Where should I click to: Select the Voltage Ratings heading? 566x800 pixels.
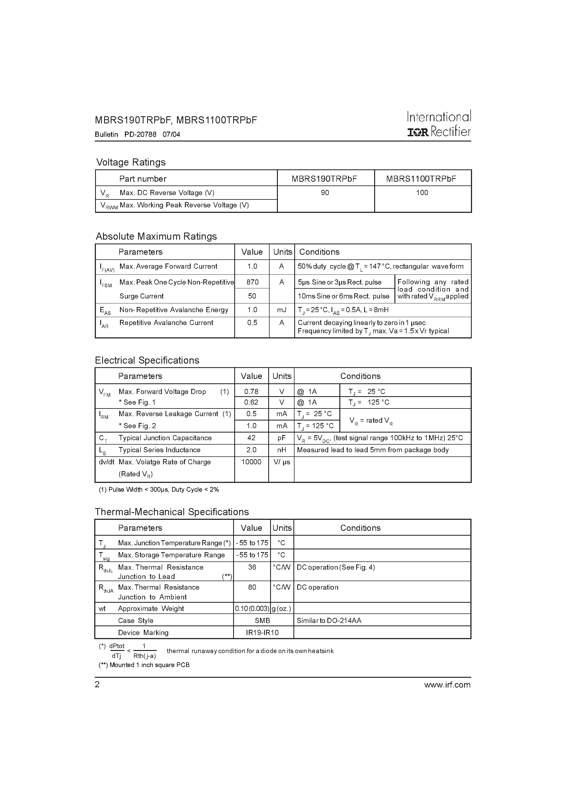pos(131,162)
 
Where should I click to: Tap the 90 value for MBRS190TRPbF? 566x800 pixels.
pos(325,193)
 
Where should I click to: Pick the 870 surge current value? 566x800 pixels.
pos(252,282)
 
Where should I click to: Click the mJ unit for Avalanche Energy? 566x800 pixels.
pos(282,310)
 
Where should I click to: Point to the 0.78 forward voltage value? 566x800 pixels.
pos(251,392)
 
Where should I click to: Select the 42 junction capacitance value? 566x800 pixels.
pos(251,438)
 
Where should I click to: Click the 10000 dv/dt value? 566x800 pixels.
pos(251,462)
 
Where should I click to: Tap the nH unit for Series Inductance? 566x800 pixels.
pos(282,450)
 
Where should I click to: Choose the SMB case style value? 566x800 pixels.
pos(262,621)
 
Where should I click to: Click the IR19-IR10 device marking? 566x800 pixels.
pos(262,632)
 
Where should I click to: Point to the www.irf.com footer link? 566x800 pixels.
pos(447,685)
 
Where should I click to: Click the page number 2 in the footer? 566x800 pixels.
pos(97,685)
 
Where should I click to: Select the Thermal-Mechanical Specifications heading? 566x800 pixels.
pos(172,512)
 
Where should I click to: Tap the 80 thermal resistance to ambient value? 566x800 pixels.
pos(252,587)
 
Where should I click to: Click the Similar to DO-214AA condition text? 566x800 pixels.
pos(329,621)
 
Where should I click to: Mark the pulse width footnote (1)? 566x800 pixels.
pos(159,489)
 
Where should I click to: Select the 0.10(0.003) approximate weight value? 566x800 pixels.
pos(252,609)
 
